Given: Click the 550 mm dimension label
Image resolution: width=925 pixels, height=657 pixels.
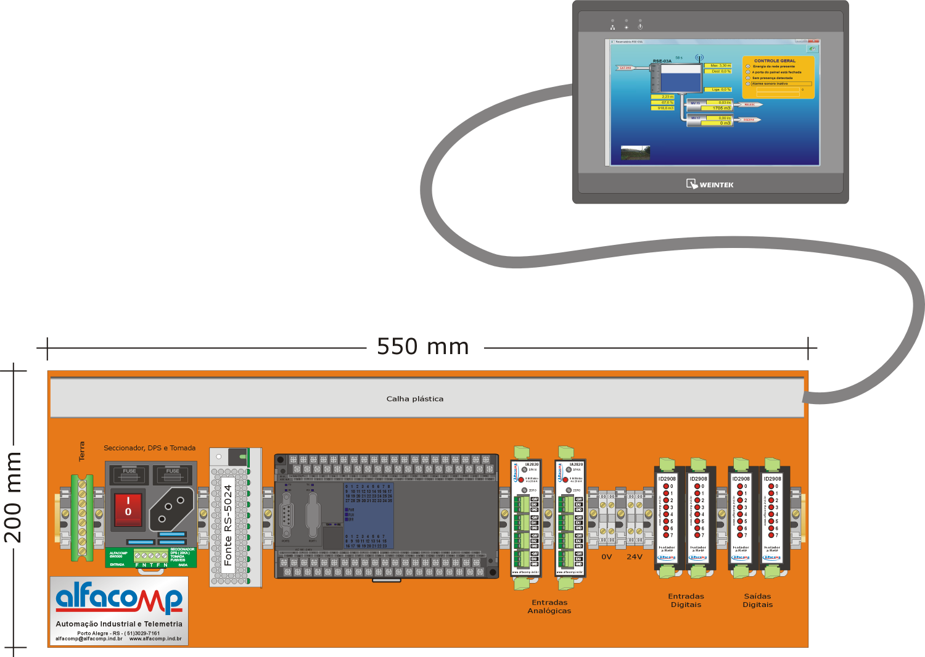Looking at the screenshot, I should (x=423, y=347).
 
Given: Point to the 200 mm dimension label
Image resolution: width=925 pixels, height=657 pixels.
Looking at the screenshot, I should (x=14, y=497).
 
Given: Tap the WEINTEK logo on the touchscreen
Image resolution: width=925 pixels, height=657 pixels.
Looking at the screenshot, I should (x=710, y=184).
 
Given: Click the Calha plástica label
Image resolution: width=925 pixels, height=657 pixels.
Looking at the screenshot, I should (x=415, y=399).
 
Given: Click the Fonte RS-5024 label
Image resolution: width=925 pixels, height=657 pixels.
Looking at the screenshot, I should (x=228, y=525).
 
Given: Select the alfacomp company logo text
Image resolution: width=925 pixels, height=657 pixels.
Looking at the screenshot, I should (x=119, y=598).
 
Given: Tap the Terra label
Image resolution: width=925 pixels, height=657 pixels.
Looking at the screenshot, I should (x=82, y=451).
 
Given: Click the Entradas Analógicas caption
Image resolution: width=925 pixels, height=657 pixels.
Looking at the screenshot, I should (x=549, y=606).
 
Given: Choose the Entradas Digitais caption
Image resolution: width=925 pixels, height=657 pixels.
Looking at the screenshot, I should (x=686, y=600).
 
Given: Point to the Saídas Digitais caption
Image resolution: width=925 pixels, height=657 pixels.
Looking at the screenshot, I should (x=757, y=600).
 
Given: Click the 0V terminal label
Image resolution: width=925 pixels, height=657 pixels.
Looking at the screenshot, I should (x=607, y=556).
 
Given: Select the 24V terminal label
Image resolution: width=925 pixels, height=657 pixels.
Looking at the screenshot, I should (x=635, y=556).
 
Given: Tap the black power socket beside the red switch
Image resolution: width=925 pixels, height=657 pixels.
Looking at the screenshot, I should (x=171, y=508).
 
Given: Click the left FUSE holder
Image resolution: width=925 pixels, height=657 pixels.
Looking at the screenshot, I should (x=129, y=474).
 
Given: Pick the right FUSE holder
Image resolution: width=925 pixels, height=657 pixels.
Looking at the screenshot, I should (x=173, y=474).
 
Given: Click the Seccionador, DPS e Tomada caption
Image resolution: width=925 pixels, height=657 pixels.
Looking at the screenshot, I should (x=149, y=448).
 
